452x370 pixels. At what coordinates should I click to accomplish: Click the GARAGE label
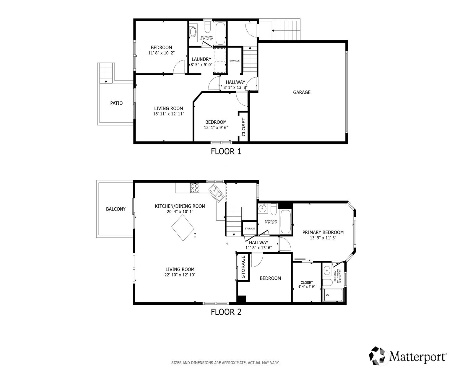click(302, 92)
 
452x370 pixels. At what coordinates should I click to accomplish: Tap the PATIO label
click(116, 103)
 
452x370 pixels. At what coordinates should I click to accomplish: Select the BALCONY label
click(116, 209)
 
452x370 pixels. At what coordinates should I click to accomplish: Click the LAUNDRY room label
click(201, 59)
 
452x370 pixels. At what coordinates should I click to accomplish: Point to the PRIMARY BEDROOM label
click(323, 232)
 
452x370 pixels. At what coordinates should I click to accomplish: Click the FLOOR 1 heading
click(226, 152)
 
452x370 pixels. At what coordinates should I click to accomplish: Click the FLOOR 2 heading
click(226, 312)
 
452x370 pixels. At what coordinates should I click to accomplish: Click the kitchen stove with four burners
click(195, 188)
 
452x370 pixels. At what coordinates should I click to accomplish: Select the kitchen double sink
click(217, 193)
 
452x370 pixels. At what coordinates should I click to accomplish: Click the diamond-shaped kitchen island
click(183, 228)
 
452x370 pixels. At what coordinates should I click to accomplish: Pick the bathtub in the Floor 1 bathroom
click(220, 33)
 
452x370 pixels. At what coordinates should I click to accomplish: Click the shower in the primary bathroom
click(333, 295)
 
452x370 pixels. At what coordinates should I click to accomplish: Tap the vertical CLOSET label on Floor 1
click(243, 127)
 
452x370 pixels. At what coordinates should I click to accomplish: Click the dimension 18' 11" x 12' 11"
click(169, 114)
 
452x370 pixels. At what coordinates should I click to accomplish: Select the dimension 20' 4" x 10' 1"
click(180, 212)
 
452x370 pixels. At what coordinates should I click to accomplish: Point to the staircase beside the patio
click(106, 73)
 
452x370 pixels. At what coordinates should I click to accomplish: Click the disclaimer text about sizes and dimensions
click(225, 363)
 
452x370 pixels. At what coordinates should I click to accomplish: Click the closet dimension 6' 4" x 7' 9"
click(307, 286)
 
